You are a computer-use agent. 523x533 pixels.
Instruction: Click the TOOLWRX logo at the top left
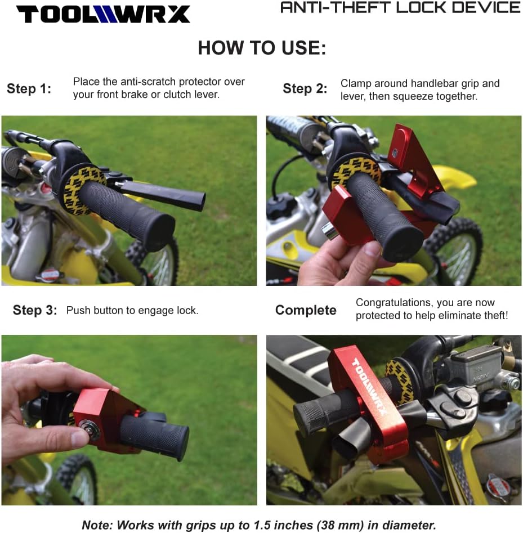point(103,14)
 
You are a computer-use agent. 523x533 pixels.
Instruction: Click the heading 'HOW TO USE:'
point(262,48)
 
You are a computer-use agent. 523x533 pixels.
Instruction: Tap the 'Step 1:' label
point(29,89)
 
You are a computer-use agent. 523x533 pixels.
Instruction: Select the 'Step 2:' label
point(305,89)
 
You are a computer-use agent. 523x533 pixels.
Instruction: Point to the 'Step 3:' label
point(35,311)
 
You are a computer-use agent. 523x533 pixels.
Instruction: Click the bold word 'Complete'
point(306,311)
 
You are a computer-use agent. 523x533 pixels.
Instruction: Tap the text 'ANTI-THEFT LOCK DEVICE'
point(400,8)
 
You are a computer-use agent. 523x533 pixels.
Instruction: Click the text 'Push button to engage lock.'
point(132,311)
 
